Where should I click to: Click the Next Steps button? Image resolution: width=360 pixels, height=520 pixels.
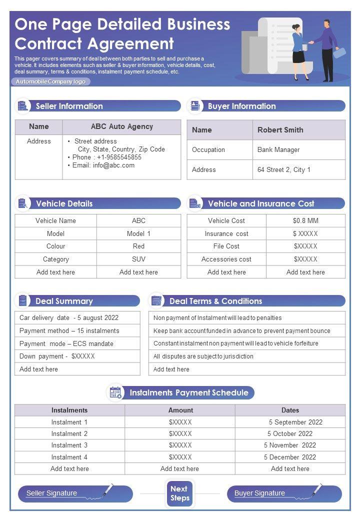[x=179, y=493]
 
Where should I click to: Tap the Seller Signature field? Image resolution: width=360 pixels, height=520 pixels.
[x=75, y=493]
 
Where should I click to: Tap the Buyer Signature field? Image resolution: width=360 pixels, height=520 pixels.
[x=284, y=493]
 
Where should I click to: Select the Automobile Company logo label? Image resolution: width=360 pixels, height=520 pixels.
[x=50, y=81]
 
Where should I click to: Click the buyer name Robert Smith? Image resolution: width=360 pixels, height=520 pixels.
[x=280, y=130]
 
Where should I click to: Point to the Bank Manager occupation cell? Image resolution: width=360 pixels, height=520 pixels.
[x=278, y=150]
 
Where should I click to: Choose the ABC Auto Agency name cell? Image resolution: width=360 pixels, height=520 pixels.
[x=121, y=127]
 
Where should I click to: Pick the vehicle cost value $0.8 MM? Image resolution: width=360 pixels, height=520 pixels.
[x=305, y=221]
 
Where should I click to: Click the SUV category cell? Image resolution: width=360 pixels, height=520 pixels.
[x=138, y=259]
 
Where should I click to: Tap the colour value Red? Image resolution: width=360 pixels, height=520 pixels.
[x=138, y=246]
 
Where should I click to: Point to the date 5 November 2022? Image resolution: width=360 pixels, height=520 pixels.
[x=290, y=445]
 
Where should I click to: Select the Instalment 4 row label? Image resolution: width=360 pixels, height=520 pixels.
[x=69, y=457]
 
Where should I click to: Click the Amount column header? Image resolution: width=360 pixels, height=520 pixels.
[x=180, y=410]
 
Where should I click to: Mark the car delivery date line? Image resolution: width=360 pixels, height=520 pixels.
[x=69, y=318]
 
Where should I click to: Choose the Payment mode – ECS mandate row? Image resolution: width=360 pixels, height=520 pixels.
[x=66, y=344]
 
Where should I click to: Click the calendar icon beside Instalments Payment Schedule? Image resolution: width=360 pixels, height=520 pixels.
[x=115, y=392]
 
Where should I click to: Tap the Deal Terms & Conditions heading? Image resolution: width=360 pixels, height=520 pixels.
[x=215, y=301]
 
